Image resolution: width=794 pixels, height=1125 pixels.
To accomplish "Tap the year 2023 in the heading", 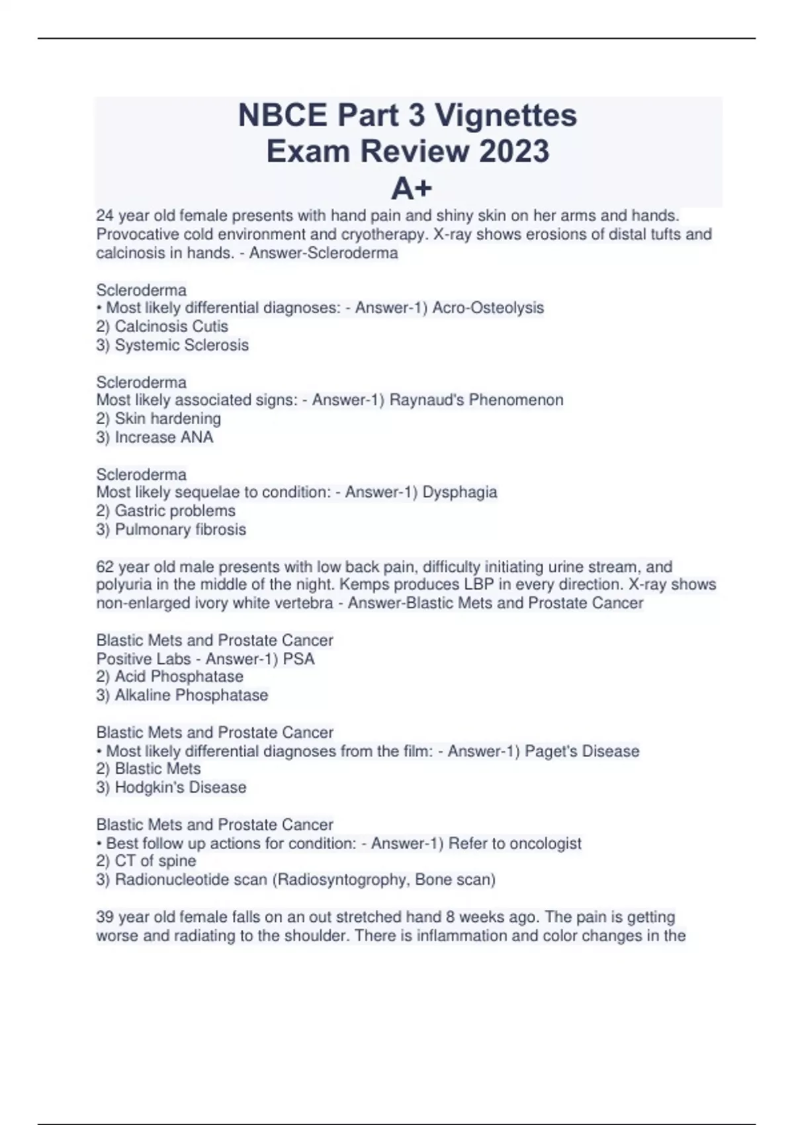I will [514, 152].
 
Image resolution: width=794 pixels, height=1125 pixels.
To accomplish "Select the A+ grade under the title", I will [411, 189].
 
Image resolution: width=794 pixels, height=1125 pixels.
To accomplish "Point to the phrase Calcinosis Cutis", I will [171, 326].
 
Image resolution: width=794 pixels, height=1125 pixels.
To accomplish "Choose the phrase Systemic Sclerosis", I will [182, 345].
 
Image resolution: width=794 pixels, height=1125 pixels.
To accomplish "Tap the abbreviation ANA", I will [197, 437].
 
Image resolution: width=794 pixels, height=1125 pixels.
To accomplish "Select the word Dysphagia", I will [459, 492].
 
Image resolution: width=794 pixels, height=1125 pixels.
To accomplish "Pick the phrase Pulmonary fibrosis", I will [180, 529].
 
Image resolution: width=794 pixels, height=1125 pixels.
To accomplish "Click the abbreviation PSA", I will [298, 659].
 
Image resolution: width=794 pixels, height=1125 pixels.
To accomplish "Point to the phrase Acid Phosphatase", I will [179, 676].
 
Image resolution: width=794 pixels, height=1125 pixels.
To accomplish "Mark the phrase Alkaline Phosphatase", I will [191, 695].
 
